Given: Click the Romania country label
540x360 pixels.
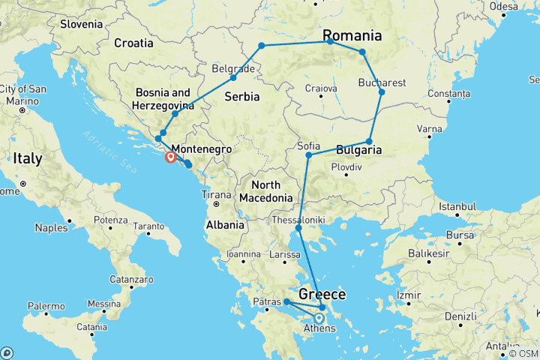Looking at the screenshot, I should (352, 35).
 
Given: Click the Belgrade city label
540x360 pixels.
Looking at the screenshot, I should (229, 68).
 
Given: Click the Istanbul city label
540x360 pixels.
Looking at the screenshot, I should (458, 205).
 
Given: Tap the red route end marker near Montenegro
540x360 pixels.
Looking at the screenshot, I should (171, 157).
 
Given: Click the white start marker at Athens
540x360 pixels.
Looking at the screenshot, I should (319, 317).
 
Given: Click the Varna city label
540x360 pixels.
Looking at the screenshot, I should (430, 129).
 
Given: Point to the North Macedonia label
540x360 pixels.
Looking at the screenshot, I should (265, 191).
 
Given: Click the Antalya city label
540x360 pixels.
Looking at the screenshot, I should (502, 346).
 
